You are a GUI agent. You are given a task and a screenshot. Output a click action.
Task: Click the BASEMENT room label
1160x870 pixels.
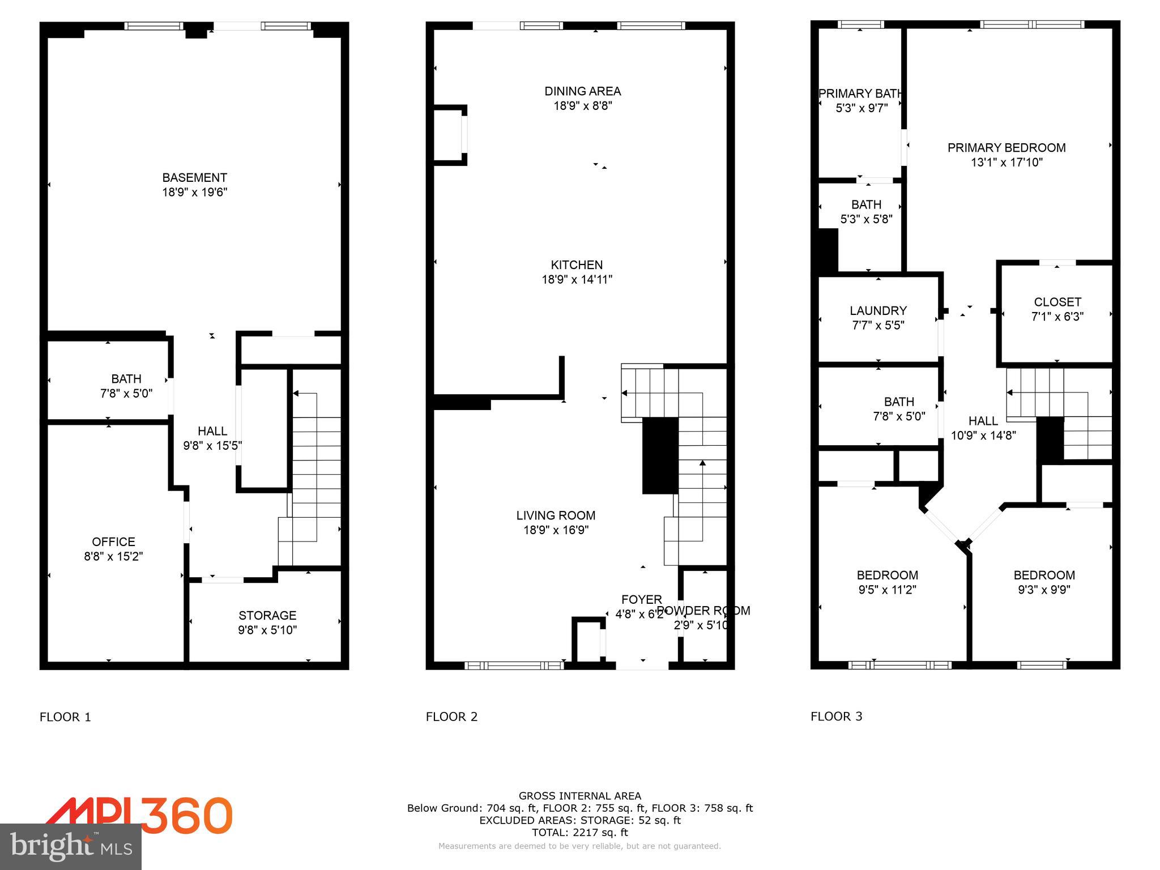click(194, 177)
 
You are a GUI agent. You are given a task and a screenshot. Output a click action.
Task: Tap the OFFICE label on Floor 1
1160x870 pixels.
click(113, 541)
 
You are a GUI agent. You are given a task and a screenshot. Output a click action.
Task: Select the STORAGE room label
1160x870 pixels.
click(267, 615)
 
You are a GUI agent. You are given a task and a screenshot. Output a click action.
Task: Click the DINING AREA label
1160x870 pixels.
click(582, 91)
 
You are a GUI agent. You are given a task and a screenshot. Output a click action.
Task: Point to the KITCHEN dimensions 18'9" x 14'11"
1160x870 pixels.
click(577, 279)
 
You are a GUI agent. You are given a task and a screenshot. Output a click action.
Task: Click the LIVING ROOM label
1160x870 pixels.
click(555, 515)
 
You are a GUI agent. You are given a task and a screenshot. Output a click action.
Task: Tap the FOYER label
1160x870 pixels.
click(641, 599)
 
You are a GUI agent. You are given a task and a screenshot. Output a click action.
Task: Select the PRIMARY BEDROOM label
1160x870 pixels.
click(1006, 148)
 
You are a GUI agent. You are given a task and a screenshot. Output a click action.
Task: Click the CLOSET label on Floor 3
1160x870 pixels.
click(1057, 302)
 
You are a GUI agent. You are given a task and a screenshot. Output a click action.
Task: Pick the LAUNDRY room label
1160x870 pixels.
click(878, 310)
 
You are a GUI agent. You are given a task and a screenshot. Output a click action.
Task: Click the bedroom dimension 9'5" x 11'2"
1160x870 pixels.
click(887, 590)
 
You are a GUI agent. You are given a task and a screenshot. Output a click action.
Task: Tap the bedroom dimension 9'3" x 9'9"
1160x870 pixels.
click(1043, 590)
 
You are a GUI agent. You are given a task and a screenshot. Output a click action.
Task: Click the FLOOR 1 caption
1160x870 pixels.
click(65, 717)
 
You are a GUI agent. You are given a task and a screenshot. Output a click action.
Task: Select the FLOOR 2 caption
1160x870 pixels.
click(451, 717)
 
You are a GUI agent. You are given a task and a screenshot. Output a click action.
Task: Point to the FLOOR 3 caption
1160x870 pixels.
click(836, 716)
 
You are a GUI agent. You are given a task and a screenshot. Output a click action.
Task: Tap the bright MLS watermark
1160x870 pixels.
click(71, 847)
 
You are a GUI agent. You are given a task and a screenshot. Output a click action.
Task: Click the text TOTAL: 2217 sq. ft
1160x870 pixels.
click(579, 833)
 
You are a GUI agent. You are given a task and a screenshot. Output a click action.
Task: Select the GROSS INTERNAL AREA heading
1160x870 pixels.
click(579, 796)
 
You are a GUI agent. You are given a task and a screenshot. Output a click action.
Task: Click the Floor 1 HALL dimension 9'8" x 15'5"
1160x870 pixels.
click(212, 446)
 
